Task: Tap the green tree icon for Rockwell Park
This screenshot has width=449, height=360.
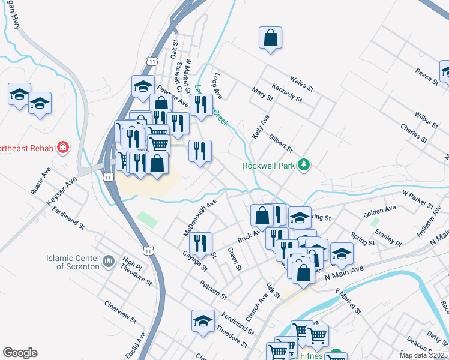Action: point(304,165)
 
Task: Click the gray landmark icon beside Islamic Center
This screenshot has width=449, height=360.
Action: point(109,261)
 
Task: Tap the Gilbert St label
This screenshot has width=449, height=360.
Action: point(280,143)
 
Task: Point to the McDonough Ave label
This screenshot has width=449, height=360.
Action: point(200,218)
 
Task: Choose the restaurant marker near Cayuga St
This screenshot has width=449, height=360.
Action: point(200,244)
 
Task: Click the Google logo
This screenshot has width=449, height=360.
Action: point(20,353)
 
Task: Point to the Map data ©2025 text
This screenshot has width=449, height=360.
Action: point(424,355)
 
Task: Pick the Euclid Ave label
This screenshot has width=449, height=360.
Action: point(137,347)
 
